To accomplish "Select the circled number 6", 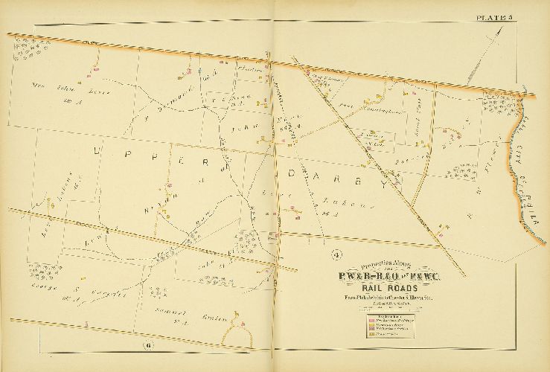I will coord(148,344).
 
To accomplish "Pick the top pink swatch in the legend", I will coord(371,321).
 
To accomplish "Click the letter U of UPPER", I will coord(97,150).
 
